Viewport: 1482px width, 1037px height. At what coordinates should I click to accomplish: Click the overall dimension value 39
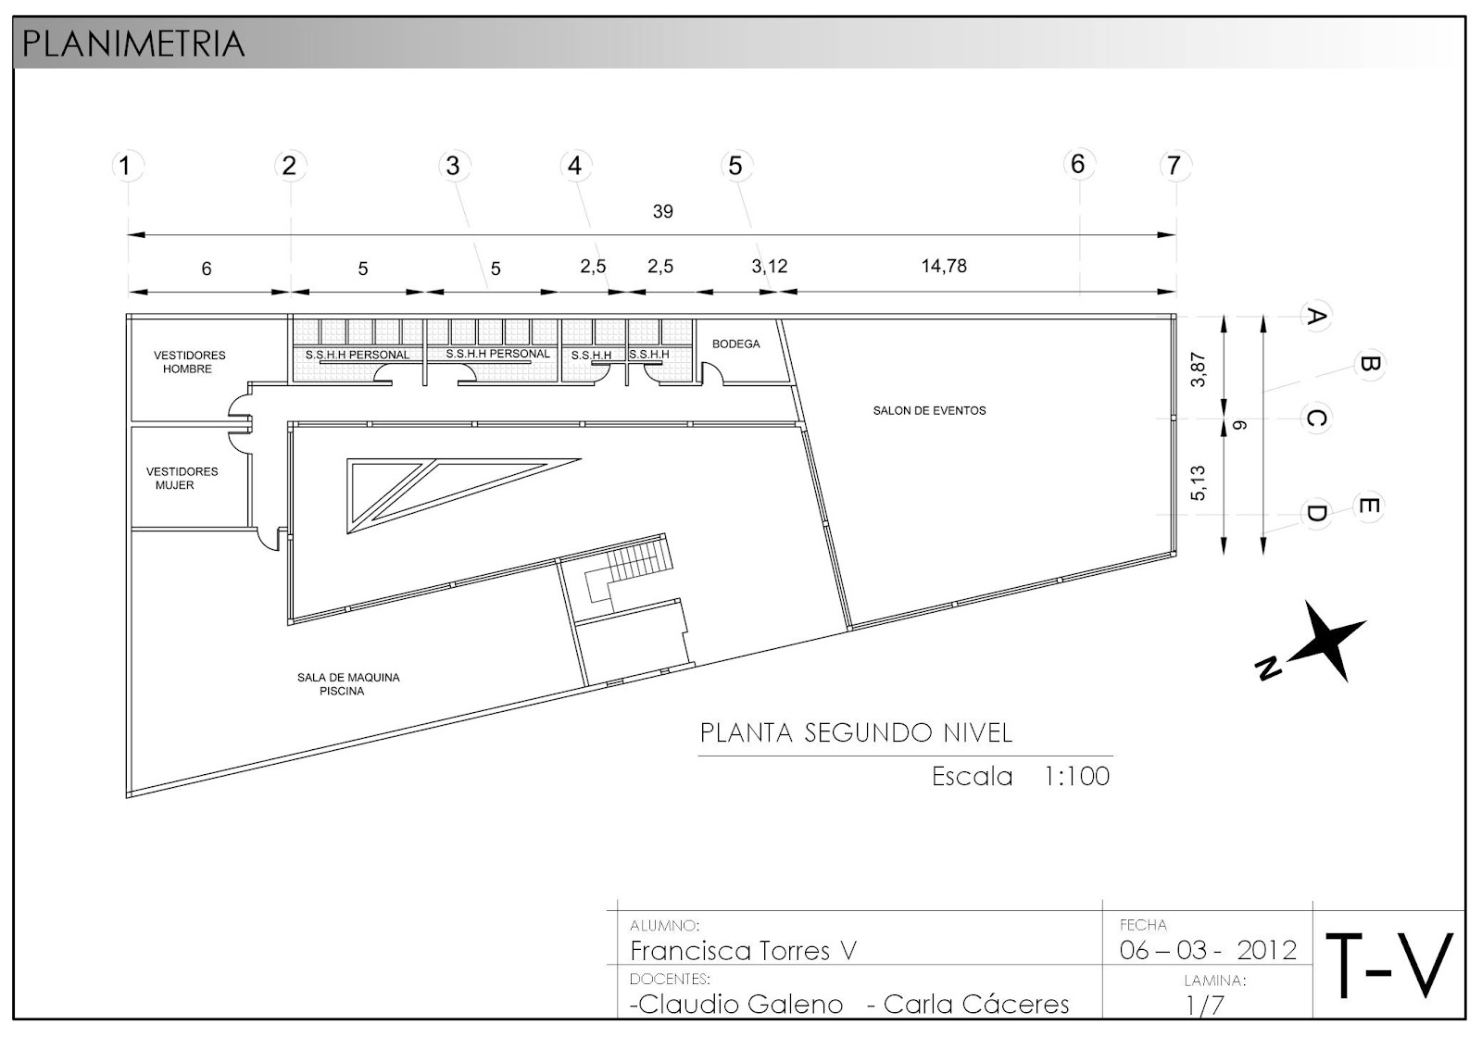point(663,212)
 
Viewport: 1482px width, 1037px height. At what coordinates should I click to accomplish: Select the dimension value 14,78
point(944,266)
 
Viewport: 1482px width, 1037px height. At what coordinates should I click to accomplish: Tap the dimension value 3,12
point(770,267)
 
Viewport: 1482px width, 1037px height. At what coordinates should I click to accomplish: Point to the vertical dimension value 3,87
point(1199,369)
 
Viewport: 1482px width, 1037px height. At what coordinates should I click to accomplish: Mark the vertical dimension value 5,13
point(1199,483)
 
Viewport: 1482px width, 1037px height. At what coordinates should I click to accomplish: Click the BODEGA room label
point(735,344)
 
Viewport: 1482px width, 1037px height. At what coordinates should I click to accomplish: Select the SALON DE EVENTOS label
point(930,411)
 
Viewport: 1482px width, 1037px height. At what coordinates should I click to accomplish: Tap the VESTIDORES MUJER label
point(182,478)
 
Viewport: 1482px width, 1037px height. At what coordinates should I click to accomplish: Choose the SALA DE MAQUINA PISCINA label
point(348,684)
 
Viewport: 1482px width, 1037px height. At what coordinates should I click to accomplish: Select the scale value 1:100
point(1075,776)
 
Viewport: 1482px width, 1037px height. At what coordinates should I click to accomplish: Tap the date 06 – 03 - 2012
point(1208,950)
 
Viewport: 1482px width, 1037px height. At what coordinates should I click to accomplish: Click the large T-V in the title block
point(1389,967)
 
